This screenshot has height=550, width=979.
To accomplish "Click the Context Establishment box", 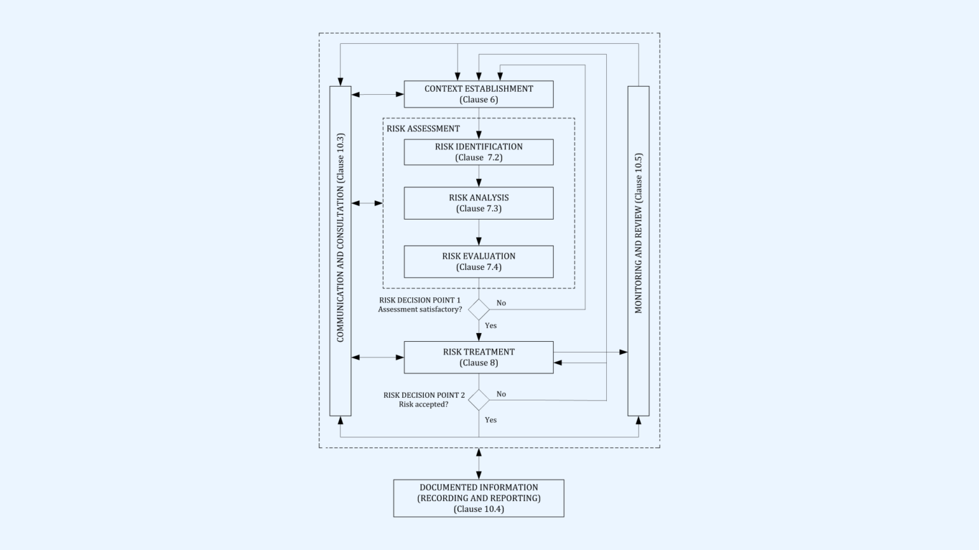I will point(479,94).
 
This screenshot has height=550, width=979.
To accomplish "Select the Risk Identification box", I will point(479,152).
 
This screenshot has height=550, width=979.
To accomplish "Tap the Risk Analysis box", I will point(479,203).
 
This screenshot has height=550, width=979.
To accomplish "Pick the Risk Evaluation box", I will point(479,262).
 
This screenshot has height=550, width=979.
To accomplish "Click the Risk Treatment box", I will point(479,357).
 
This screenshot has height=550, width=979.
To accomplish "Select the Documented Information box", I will point(479,498).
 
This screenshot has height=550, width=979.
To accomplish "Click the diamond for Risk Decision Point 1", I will point(479,309).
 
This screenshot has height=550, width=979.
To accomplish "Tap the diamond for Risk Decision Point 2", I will point(479,400).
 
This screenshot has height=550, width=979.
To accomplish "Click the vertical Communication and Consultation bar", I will point(340,251).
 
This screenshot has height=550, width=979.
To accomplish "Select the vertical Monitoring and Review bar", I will point(639,251).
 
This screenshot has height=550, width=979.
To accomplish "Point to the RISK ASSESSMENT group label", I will point(423,129).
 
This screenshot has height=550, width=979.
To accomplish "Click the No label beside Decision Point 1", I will point(501,303).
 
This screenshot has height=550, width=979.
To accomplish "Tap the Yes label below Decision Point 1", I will point(491,325).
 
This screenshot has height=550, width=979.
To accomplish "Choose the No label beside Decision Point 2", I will point(501,394).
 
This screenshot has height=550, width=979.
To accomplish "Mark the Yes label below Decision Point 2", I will point(491,420).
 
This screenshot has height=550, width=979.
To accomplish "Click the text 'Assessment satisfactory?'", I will point(420,309).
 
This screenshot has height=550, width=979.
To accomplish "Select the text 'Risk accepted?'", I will point(424,404).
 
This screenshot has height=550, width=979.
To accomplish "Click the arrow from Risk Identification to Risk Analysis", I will point(479,176).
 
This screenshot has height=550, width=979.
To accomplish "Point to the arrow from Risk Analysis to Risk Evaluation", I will point(479,232).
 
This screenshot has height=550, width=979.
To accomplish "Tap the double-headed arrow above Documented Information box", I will point(479,463).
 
